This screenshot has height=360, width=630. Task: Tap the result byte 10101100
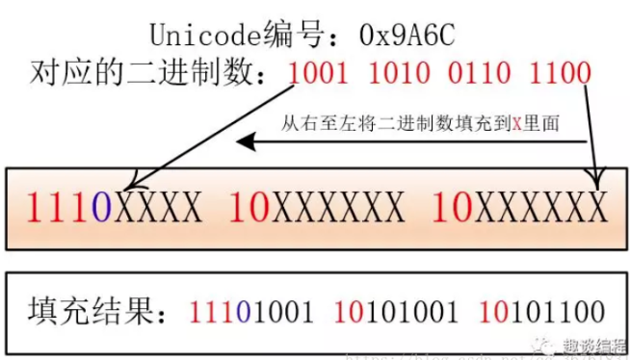[x=542, y=311]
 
